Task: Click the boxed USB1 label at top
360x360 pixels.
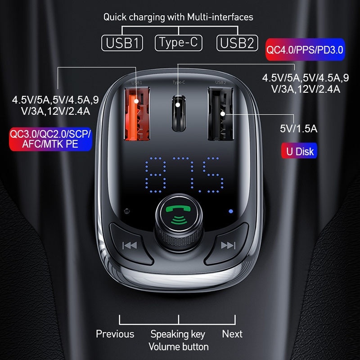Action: (x=122, y=43)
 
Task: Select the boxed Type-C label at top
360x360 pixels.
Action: (x=178, y=43)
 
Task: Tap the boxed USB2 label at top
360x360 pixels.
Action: (x=237, y=43)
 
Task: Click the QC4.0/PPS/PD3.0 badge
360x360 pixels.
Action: (x=305, y=49)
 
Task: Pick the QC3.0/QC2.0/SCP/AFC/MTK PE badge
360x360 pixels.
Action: (x=50, y=139)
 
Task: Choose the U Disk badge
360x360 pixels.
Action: (x=299, y=151)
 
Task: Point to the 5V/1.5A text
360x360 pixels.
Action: (x=298, y=129)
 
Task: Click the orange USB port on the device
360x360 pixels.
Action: (x=137, y=114)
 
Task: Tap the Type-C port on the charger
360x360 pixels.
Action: (x=179, y=113)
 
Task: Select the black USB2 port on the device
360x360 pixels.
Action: (x=220, y=114)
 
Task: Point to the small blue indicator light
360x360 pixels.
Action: (x=231, y=211)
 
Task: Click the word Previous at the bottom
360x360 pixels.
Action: (x=115, y=334)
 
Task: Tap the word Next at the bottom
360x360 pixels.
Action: (x=232, y=334)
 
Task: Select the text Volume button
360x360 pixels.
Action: (x=179, y=346)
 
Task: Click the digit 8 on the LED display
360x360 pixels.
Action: (x=156, y=175)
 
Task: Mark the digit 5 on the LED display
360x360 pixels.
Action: (x=212, y=175)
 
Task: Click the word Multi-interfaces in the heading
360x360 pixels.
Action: (x=220, y=17)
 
